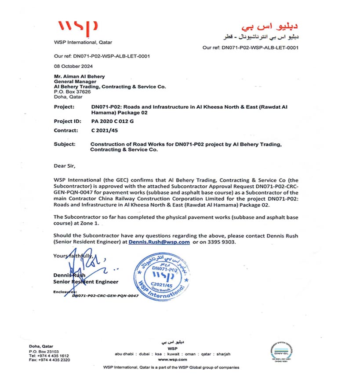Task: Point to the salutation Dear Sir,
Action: click(65, 166)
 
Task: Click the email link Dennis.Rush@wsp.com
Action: click(159, 242)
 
